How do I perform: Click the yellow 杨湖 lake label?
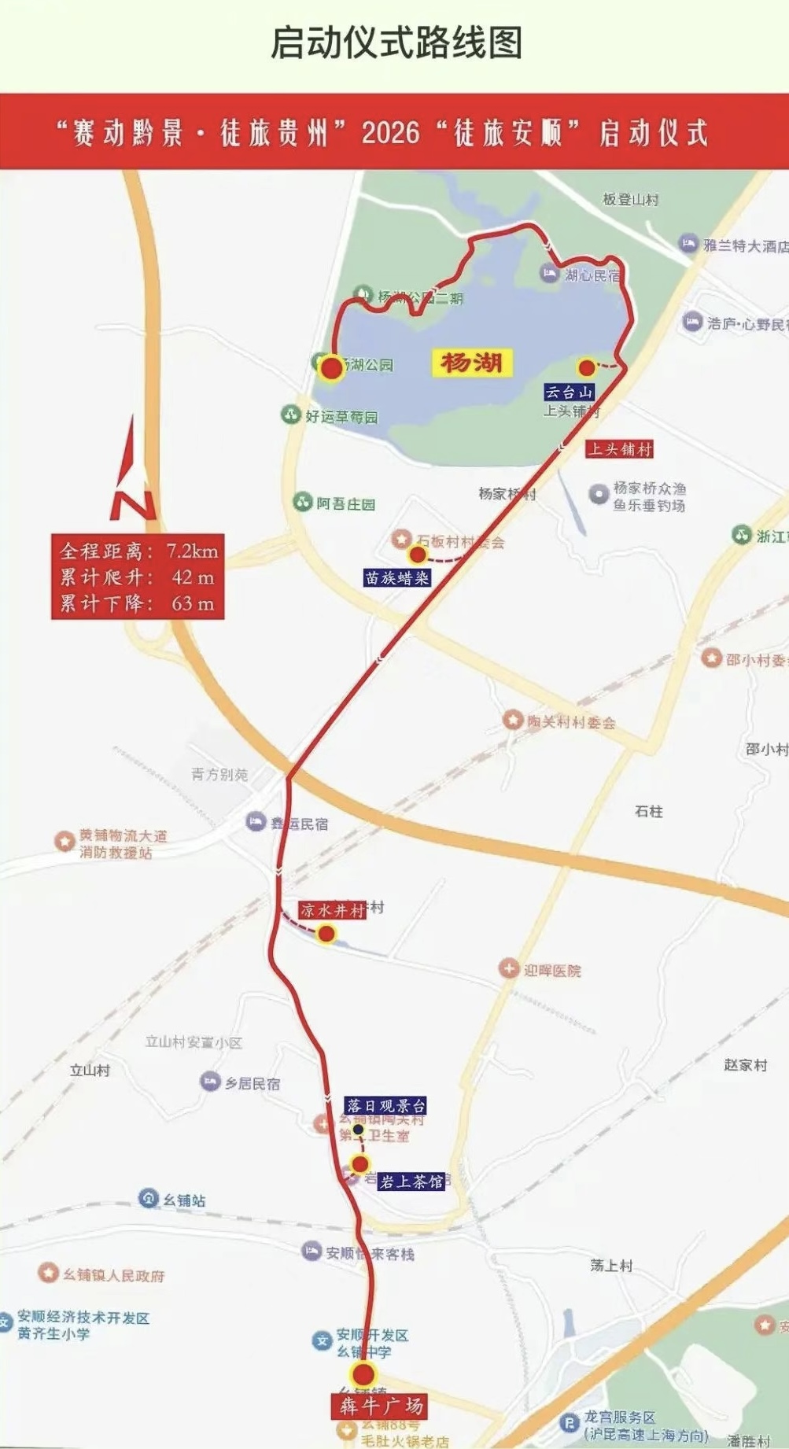coord(471,363)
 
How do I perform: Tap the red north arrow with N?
coord(132,473)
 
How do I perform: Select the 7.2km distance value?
coord(192,551)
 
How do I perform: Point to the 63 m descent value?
coord(193,603)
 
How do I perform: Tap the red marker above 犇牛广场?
coord(363,1375)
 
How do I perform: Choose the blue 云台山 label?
coord(569,392)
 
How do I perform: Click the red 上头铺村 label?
coord(620,449)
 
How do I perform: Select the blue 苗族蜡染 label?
coord(397,578)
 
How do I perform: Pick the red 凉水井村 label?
coord(332,910)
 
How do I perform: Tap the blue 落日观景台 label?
coord(386,1106)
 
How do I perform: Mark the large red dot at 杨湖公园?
coord(331,367)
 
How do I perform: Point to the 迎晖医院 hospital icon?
coord(509,969)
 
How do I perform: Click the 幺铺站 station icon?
coord(149,1199)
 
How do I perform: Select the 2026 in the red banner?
coord(390,132)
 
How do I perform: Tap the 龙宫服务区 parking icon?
coord(569,1422)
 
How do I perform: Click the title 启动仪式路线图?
coord(396,42)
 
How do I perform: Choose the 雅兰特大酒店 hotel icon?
coord(688,244)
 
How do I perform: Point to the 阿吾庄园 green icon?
coord(303,502)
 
